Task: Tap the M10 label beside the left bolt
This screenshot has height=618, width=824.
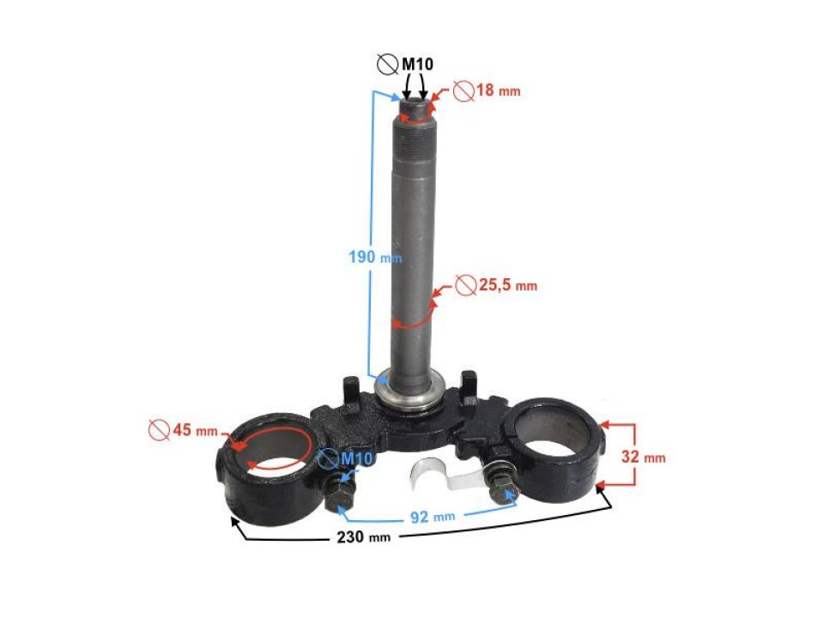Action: pos(355,459)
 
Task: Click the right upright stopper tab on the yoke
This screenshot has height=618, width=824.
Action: pos(468,384)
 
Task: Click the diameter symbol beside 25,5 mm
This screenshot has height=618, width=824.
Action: pos(464,285)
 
